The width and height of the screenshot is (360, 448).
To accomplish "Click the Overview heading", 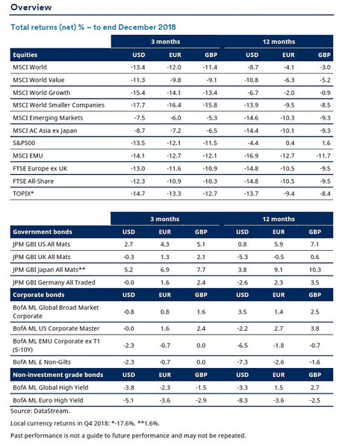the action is pyautogui.click(x=31, y=7).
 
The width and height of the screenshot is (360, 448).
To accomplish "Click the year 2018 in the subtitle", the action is pyautogui.click(x=167, y=27).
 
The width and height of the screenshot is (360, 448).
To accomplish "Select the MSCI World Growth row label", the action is pyautogui.click(x=41, y=93).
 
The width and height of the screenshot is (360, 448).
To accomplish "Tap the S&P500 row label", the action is pyautogui.click(x=24, y=143).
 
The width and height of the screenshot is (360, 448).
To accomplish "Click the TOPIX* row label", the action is pyautogui.click(x=23, y=193).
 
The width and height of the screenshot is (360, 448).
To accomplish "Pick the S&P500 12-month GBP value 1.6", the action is pyautogui.click(x=326, y=143).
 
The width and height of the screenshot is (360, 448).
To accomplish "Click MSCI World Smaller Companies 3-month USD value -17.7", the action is pyautogui.click(x=138, y=105).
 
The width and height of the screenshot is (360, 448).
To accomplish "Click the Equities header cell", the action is pyautogui.click(x=25, y=55).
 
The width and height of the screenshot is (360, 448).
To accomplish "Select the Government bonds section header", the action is pyautogui.click(x=43, y=231).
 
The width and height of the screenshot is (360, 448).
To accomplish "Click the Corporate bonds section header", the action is pyautogui.click(x=39, y=295).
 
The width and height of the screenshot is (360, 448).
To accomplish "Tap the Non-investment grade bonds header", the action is pyautogui.click(x=58, y=375).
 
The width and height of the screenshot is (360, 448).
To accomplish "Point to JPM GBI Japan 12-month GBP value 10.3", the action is pyautogui.click(x=315, y=270).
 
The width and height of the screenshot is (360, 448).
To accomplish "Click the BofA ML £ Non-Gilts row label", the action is pyautogui.click(x=42, y=362).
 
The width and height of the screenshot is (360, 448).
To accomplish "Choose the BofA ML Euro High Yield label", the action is pyautogui.click(x=48, y=400).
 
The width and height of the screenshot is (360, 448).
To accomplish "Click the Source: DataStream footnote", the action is pyautogui.click(x=40, y=411).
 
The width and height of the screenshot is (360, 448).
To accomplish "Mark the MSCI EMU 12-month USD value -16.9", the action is pyautogui.click(x=251, y=156).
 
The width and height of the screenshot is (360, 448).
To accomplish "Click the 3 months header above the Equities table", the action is pyautogui.click(x=166, y=42).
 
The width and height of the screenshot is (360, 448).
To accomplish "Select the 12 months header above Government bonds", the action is pyautogui.click(x=279, y=219).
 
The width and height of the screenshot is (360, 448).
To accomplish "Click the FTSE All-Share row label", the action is pyautogui.click(x=33, y=181).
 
